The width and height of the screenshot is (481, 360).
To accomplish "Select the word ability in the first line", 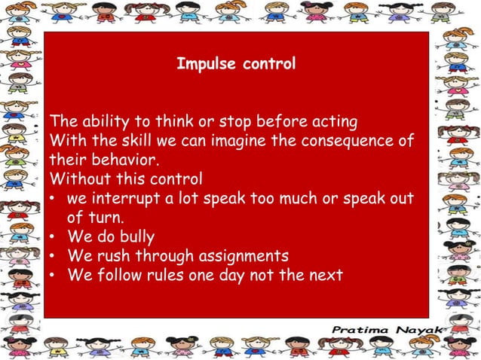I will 100,121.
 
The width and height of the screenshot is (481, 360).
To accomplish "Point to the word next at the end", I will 326,276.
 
